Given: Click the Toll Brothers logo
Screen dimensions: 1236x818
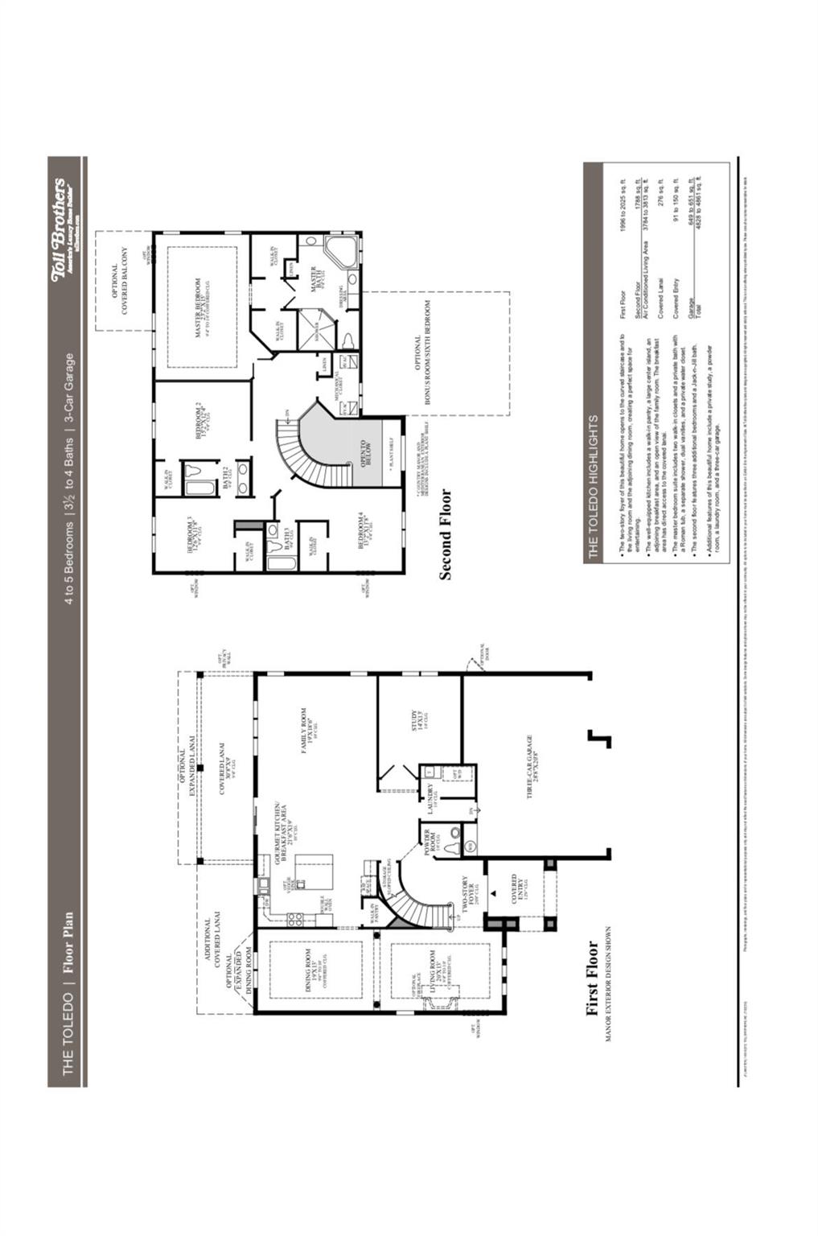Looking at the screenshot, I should [x=64, y=230].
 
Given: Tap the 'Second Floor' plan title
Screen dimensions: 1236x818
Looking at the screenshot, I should [x=445, y=534].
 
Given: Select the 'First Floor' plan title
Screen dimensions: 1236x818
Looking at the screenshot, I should [x=593, y=978].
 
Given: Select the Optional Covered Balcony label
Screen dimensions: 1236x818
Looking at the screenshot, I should [x=120, y=281].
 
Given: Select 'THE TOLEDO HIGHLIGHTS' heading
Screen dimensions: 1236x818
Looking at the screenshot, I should [x=593, y=487].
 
